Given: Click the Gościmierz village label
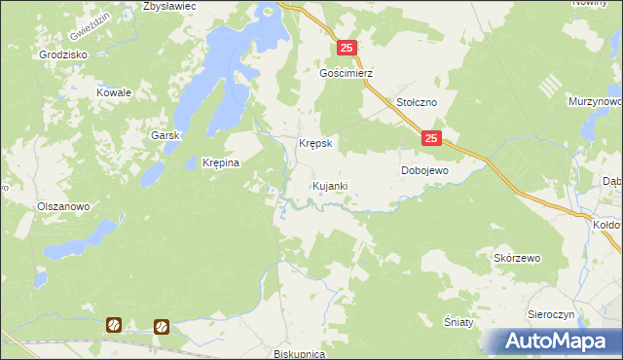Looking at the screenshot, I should point(347,73).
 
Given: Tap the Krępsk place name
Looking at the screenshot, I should point(315,143).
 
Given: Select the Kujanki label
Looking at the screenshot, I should point(329,185).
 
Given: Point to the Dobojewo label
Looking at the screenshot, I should point(424,170).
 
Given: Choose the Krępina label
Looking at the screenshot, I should point(220,162).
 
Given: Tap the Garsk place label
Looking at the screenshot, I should point(166,135).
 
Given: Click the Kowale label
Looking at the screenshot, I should point(113,92).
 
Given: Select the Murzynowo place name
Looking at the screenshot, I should point(595,100).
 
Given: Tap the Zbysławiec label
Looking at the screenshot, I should point(169,6).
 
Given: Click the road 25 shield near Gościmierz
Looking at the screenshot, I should point(348,47).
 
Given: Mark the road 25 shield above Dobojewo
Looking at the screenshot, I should point(432,140).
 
